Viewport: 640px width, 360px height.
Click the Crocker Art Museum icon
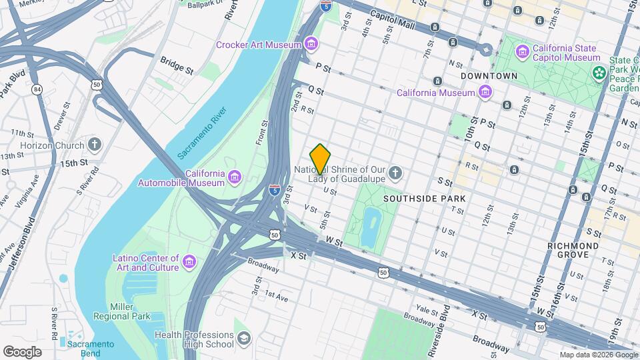click(x=311, y=45)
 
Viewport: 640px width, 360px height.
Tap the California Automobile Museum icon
click(x=234, y=176)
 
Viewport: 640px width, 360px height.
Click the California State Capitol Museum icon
click(x=523, y=51)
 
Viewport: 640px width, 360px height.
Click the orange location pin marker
click(x=321, y=159)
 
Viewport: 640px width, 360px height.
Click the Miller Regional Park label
click(x=121, y=311)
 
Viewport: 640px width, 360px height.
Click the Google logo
click(x=22, y=351)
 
